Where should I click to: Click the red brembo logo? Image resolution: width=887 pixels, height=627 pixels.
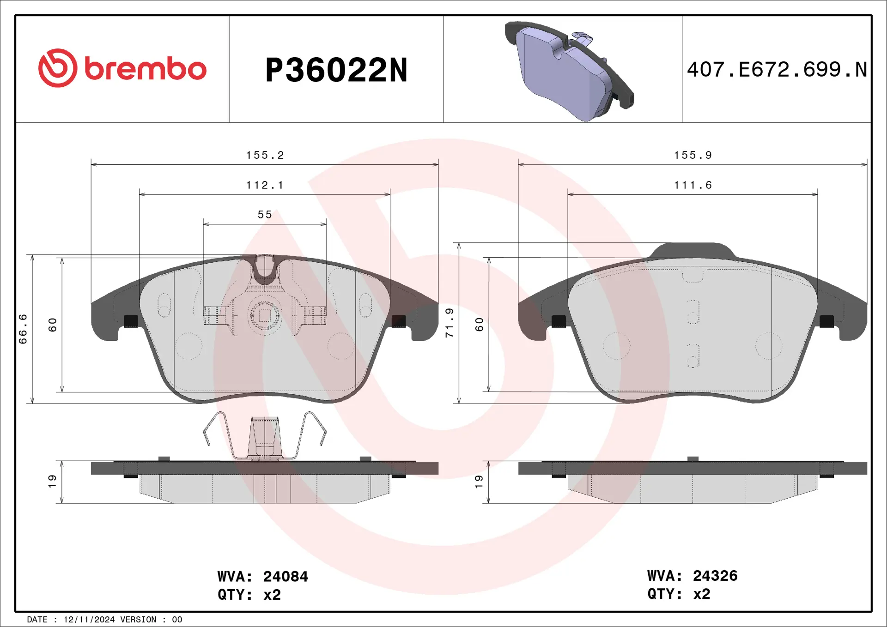click(x=122, y=68)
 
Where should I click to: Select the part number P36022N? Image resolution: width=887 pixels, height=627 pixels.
click(x=336, y=70)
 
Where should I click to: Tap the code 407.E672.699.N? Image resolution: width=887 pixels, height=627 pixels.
click(x=777, y=70)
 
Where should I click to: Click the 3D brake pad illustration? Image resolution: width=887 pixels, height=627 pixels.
click(x=569, y=72)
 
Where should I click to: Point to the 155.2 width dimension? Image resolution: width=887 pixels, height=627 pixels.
click(x=265, y=155)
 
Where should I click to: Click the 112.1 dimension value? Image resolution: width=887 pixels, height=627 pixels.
click(x=265, y=185)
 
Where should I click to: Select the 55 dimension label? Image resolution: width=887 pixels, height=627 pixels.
click(x=265, y=215)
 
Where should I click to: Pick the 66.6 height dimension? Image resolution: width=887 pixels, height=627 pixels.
click(x=23, y=329)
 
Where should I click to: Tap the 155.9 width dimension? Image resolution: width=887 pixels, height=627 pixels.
click(x=693, y=155)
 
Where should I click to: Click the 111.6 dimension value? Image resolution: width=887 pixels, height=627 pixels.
click(x=693, y=185)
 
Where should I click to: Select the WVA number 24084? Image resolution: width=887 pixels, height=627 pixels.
click(x=285, y=577)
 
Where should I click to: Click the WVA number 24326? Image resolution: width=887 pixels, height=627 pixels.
click(x=715, y=576)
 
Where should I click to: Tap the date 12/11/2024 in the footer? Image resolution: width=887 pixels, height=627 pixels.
click(x=89, y=620)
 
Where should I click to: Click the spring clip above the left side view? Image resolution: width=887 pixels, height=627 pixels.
click(x=265, y=437)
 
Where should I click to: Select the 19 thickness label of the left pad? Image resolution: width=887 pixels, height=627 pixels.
click(x=52, y=482)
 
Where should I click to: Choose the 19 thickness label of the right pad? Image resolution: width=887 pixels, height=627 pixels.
click(x=479, y=482)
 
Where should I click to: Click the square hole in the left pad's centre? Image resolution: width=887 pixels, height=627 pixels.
click(x=265, y=316)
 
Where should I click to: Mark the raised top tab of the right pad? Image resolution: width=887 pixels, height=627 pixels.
click(x=693, y=251)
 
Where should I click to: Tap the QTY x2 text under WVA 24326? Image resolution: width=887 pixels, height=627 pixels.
click(x=679, y=594)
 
